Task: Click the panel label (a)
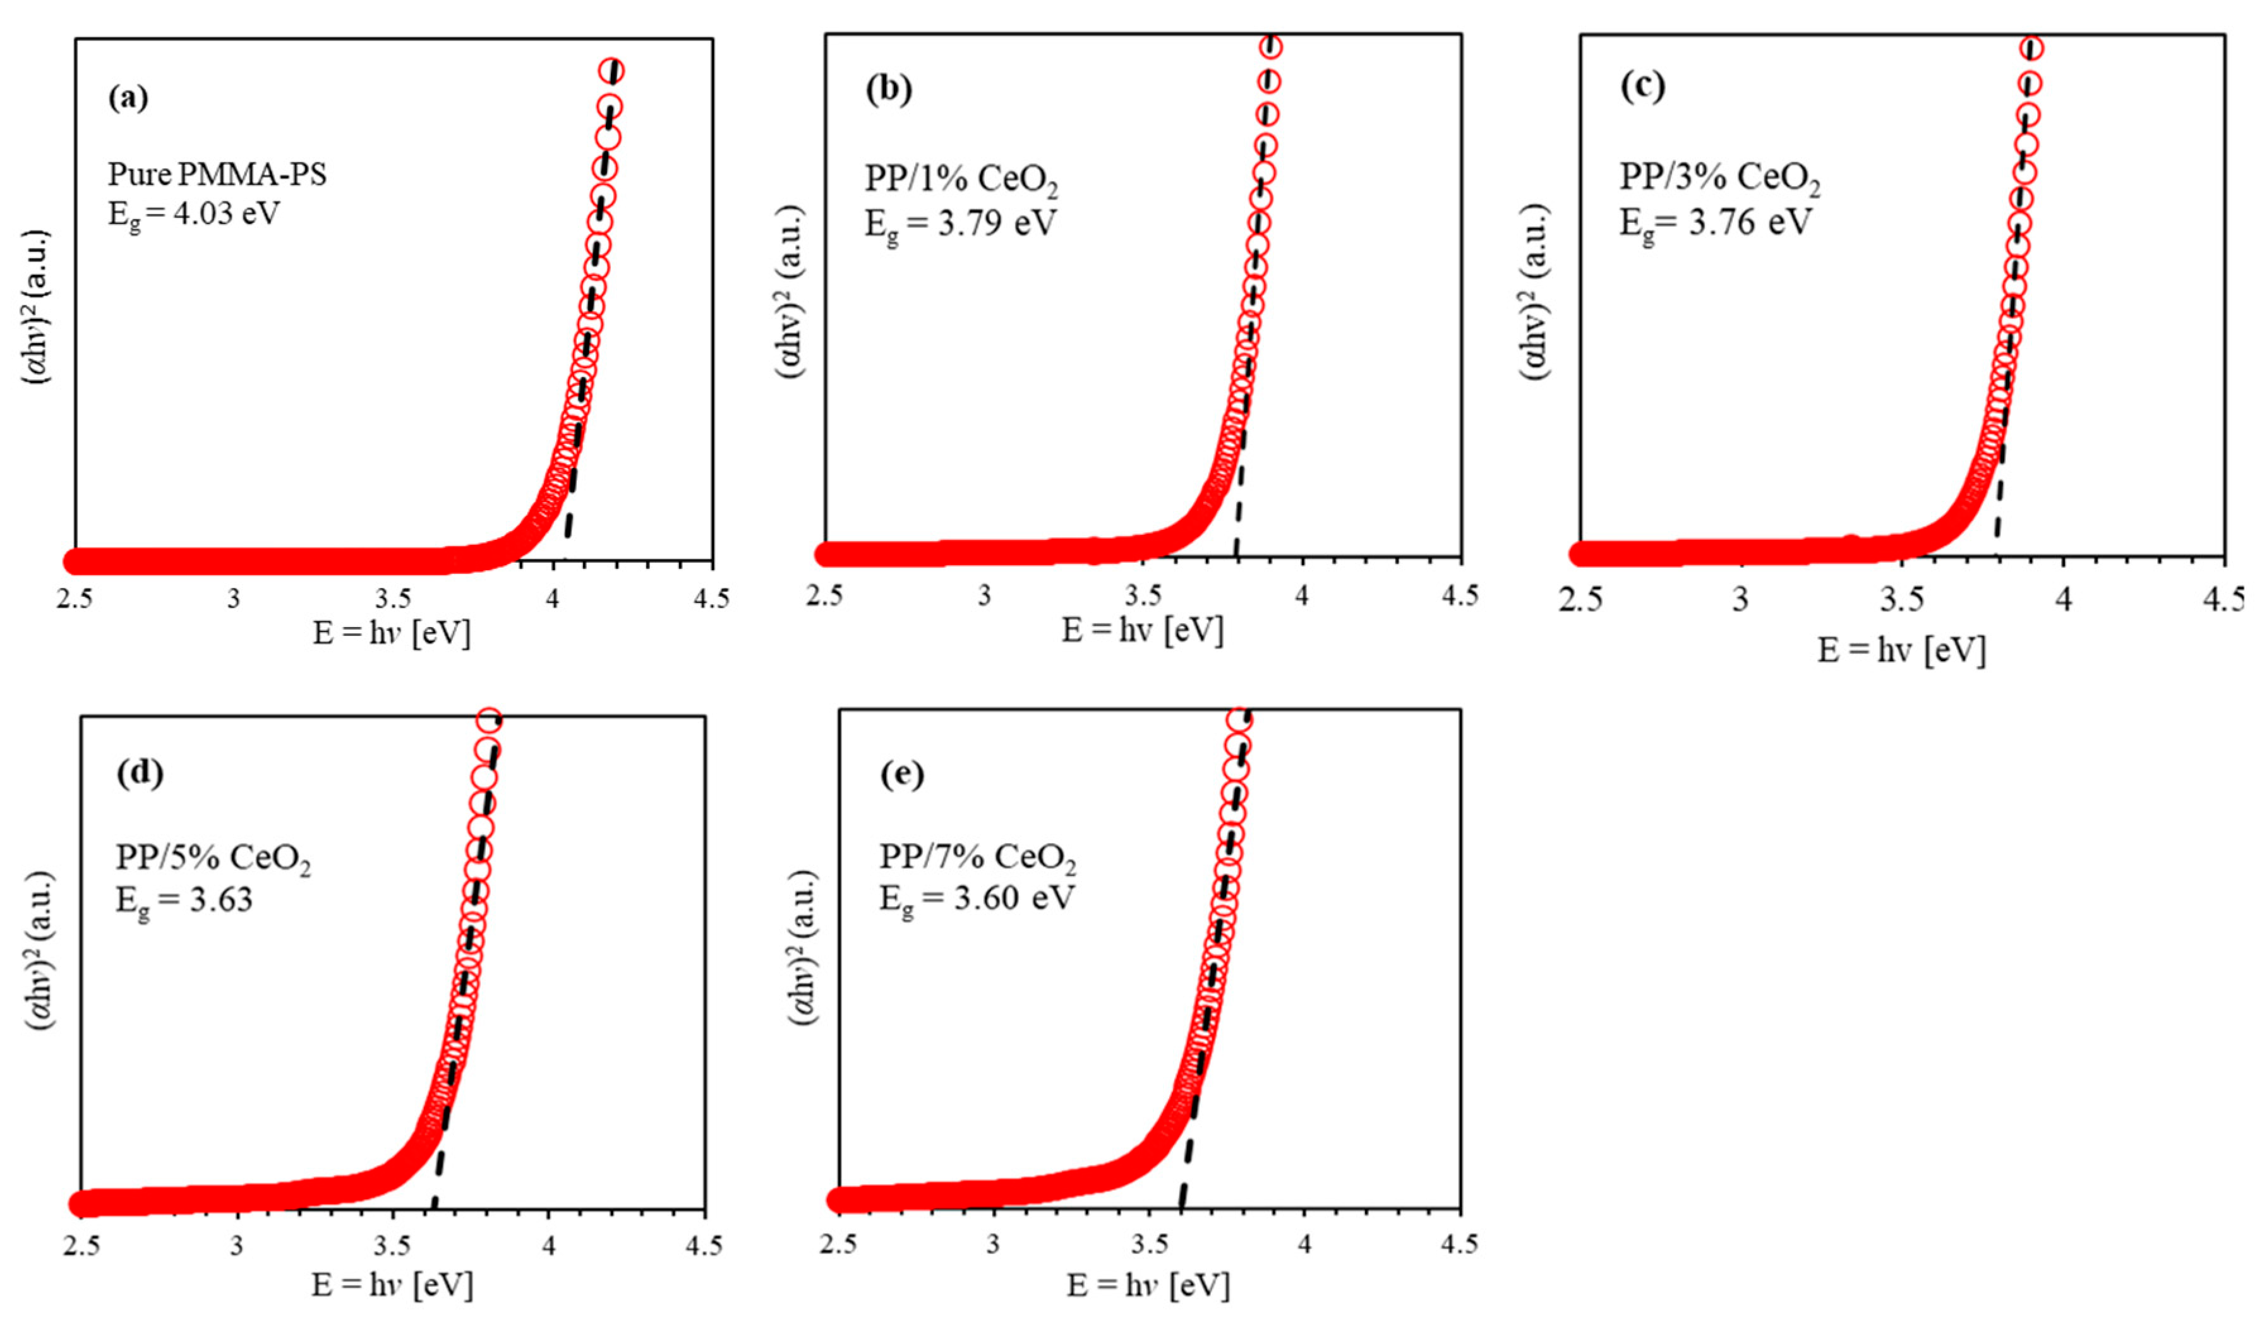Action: (x=128, y=97)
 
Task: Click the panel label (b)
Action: (x=887, y=89)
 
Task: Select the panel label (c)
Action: (x=1642, y=86)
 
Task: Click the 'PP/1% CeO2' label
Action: (x=961, y=179)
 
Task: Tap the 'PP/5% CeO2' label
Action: (x=213, y=859)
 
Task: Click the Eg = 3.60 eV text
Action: (x=976, y=898)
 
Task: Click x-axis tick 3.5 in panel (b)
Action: (x=1143, y=595)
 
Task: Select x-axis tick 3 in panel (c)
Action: (x=1740, y=599)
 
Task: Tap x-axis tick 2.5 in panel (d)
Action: (x=81, y=1247)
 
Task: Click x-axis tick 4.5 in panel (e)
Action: (x=1458, y=1245)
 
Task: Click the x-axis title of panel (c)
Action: (x=1901, y=650)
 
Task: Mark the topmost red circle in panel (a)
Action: (x=612, y=71)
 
